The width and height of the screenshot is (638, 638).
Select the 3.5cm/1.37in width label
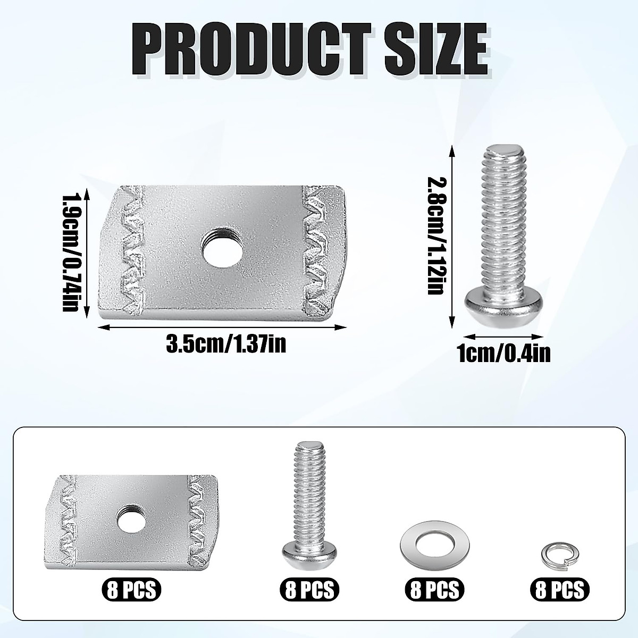pyautogui.click(x=226, y=345)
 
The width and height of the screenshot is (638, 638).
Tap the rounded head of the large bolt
pyautogui.click(x=503, y=306)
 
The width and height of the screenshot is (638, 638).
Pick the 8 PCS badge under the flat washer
pyautogui.click(x=434, y=589)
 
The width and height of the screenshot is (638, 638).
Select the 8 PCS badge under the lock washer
pyautogui.click(x=559, y=589)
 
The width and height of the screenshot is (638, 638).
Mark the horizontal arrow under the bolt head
pyautogui.click(x=503, y=336)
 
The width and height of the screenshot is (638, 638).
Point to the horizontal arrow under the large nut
pyautogui.click(x=223, y=328)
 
